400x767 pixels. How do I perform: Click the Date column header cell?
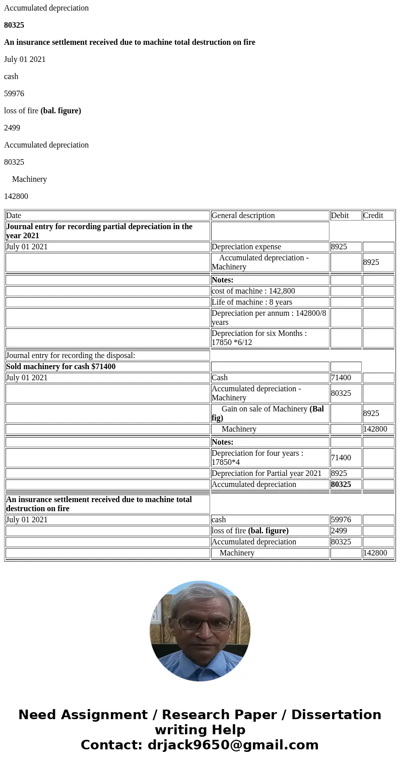(107, 216)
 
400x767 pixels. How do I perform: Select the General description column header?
(270, 216)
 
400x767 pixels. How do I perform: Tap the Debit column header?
(346, 216)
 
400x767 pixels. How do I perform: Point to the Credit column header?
(378, 216)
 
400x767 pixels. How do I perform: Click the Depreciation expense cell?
(270, 247)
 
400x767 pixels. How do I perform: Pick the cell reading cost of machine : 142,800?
(270, 291)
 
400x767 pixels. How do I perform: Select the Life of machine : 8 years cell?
(270, 302)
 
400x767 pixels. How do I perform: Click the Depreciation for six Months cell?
(270, 338)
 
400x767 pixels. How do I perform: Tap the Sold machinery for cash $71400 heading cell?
(107, 367)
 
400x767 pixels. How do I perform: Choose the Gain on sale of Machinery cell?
(270, 413)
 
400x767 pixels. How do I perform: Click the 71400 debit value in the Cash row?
(346, 378)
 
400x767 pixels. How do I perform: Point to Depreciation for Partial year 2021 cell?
(270, 473)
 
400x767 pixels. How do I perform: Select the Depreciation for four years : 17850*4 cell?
(270, 458)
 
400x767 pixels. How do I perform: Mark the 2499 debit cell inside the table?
(346, 531)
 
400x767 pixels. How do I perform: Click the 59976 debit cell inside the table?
(346, 520)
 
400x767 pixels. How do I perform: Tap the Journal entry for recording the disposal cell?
(107, 356)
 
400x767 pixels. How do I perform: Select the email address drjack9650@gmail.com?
(233, 745)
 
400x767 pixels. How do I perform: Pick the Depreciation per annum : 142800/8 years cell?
(270, 318)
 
